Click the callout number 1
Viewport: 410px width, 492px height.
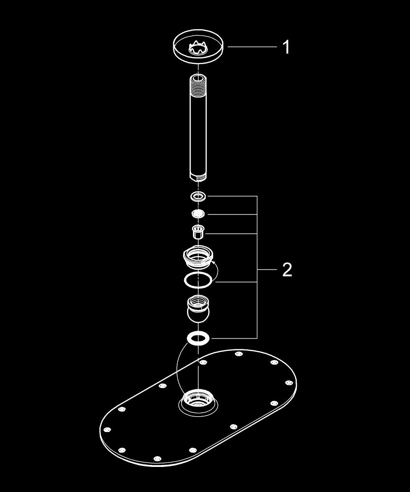pos(285,47)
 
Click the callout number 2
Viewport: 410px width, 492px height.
pos(287,270)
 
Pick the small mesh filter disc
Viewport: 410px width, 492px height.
pos(198,214)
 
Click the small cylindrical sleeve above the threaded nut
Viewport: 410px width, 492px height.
pos(198,232)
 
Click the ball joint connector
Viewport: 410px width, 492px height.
pos(198,309)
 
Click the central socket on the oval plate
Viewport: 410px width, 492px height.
pos(198,402)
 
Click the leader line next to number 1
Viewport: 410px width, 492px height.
pos(252,47)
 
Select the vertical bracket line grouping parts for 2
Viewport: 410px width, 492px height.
pos(257,267)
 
